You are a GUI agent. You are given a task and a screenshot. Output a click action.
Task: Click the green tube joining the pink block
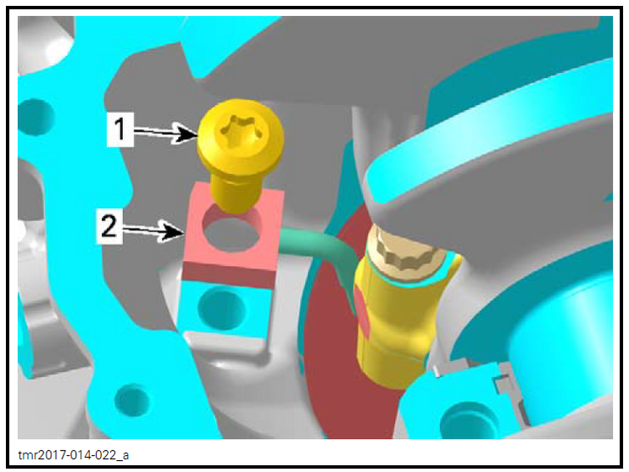[322, 246]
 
